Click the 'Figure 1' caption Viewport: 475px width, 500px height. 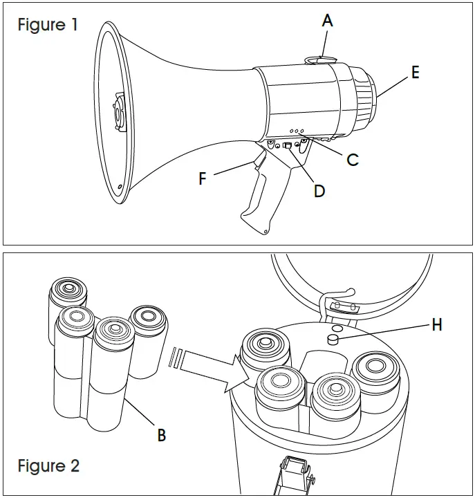coord(48,26)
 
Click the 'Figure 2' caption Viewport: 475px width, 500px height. coord(48,465)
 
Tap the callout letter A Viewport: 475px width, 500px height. coord(327,21)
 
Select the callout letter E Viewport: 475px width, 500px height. coord(415,72)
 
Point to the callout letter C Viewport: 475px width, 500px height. coord(352,160)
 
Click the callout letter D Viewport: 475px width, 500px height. coord(319,191)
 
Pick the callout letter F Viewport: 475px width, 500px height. coord(203,178)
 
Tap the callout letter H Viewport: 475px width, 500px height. coord(436,324)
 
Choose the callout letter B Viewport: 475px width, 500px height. coord(161,435)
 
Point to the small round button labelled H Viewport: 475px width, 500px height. coord(333,340)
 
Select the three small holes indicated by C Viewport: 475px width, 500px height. coord(298,130)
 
